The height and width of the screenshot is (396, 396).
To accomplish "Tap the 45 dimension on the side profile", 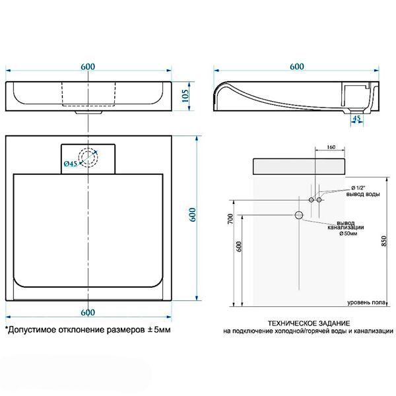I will coord(356,119).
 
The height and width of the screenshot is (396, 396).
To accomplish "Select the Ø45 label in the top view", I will coord(71,163).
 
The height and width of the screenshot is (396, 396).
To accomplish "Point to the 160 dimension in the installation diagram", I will coord(331,147).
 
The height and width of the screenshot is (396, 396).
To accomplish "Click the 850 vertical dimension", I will coord(384,242).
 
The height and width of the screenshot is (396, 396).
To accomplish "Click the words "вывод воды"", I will coord(364,194).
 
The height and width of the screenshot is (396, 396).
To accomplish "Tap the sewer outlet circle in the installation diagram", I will coord(299,215).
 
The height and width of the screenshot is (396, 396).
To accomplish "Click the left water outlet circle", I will coord(310,199).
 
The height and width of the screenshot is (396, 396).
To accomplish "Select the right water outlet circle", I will coord(319,199).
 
